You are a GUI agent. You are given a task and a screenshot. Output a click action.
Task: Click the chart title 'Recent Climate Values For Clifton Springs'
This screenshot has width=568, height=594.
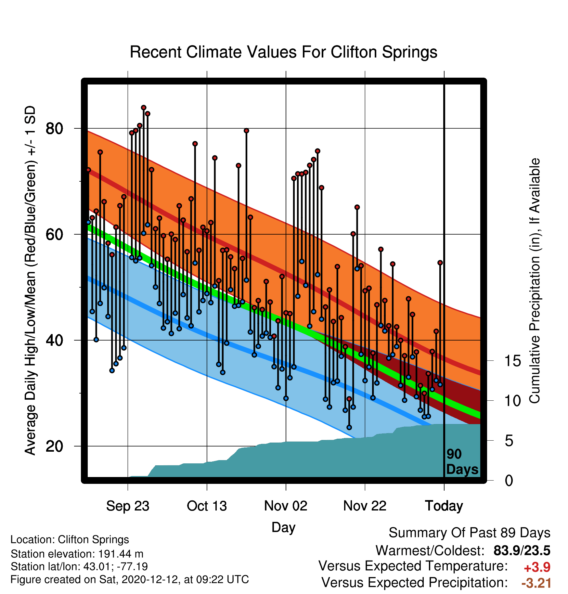point(283,52)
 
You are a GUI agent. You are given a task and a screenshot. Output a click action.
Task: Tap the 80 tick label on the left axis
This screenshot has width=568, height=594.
point(54,129)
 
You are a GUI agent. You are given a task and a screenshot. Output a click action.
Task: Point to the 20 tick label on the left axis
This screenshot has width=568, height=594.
point(54,446)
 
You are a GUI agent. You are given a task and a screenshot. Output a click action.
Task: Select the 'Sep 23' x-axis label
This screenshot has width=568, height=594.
point(128,506)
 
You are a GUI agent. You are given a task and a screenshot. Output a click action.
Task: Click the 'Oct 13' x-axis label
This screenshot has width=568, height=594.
point(207,506)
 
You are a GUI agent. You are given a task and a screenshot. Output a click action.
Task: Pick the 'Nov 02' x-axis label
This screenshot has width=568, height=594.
point(286,506)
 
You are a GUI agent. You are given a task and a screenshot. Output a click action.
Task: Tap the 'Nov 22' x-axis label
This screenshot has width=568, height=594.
point(365,506)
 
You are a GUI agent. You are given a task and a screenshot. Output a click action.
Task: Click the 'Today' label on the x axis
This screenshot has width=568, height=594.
point(444,506)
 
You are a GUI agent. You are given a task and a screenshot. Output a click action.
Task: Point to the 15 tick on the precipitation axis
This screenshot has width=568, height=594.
point(512,361)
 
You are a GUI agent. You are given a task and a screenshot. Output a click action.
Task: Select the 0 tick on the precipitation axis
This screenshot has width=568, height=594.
point(509,480)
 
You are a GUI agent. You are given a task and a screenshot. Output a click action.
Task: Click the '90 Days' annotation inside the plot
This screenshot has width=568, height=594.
point(462,462)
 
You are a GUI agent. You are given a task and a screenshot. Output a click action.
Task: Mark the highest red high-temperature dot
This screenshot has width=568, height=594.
point(144,108)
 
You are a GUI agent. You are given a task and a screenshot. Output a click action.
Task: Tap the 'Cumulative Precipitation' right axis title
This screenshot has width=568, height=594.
point(535,281)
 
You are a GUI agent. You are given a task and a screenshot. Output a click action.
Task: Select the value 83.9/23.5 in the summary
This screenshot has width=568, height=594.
point(522,550)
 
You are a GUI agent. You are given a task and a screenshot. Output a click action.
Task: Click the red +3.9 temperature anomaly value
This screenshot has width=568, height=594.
point(537,567)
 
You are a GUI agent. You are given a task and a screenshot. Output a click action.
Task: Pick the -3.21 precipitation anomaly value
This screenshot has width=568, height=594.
point(536,583)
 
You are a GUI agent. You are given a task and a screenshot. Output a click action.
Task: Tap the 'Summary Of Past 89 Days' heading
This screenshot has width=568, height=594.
point(470,533)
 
